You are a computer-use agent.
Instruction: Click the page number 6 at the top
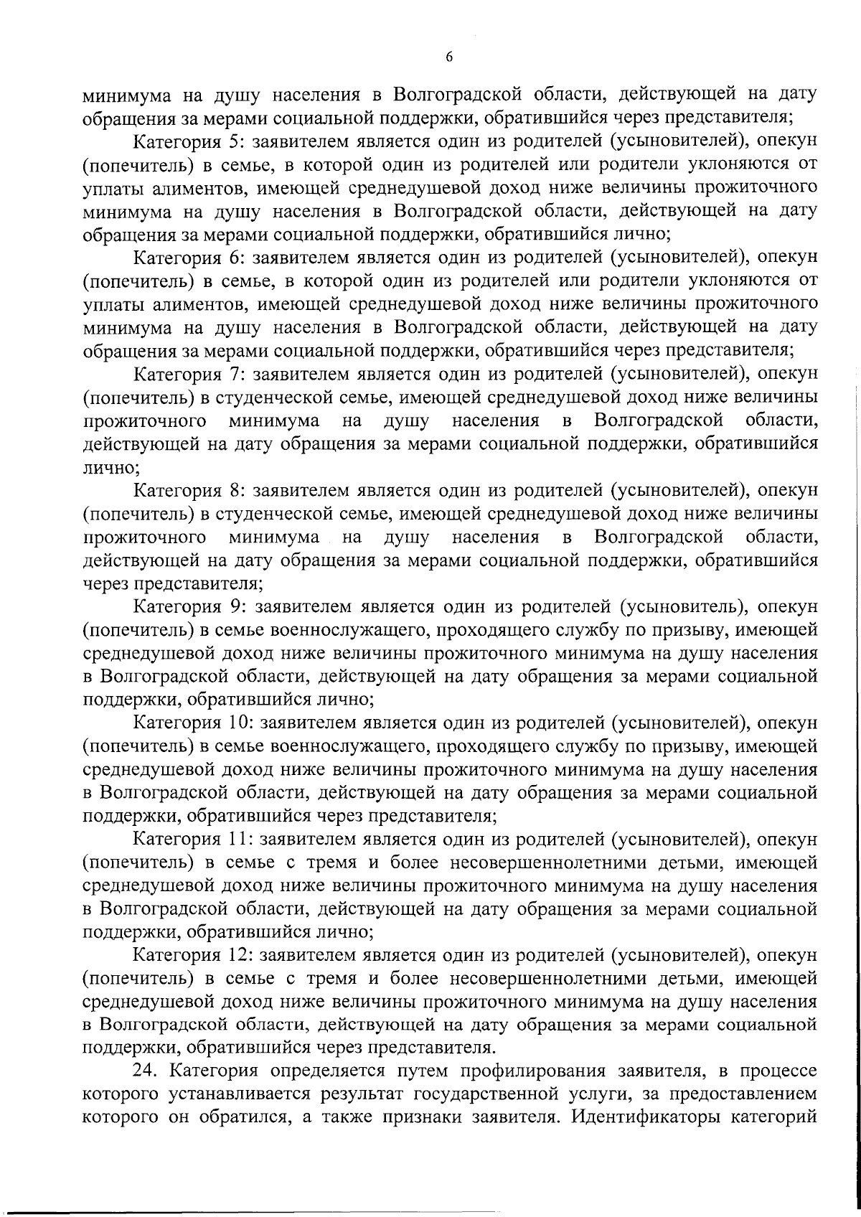448,58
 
